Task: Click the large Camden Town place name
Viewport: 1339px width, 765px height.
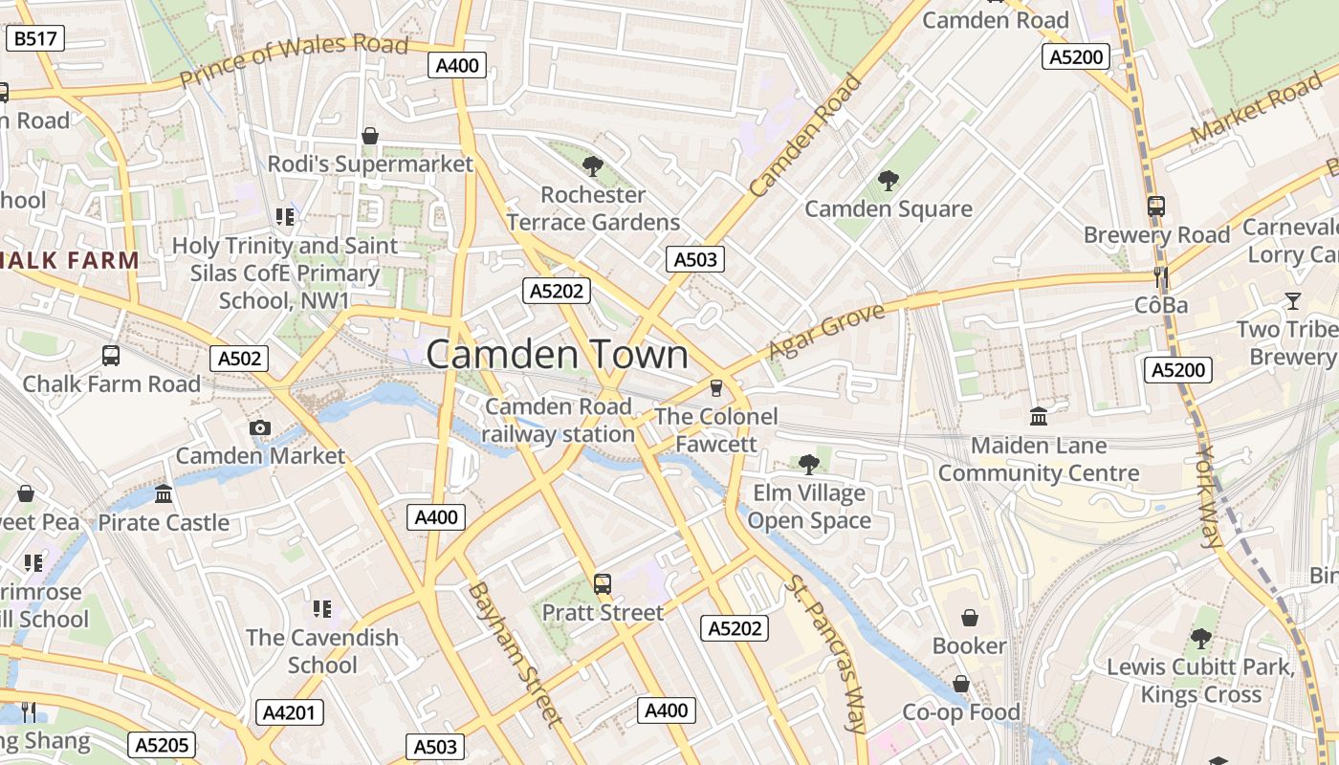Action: point(557,355)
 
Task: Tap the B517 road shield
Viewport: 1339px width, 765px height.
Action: point(36,39)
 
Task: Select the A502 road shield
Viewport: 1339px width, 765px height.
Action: point(239,359)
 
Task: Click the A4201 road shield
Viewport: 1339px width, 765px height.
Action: point(291,712)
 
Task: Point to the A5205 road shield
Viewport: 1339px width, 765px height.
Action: point(164,745)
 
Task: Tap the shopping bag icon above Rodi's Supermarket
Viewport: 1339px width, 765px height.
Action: point(370,137)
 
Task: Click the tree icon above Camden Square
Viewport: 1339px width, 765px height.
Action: point(889,180)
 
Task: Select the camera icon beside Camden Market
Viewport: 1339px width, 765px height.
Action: point(259,427)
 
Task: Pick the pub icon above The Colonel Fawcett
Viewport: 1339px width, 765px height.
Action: point(715,388)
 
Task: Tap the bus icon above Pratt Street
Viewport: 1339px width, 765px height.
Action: point(603,583)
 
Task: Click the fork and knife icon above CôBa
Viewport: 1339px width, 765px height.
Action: point(1161,277)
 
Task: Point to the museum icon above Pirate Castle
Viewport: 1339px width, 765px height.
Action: point(164,494)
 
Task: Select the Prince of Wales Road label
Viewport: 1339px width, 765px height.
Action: point(295,61)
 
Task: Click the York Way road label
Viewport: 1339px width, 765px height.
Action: point(1209,496)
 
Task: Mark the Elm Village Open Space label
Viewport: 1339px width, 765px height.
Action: point(809,507)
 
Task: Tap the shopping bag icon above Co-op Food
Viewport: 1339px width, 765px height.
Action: point(961,684)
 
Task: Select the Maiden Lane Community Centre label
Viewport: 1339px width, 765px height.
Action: point(1039,459)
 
